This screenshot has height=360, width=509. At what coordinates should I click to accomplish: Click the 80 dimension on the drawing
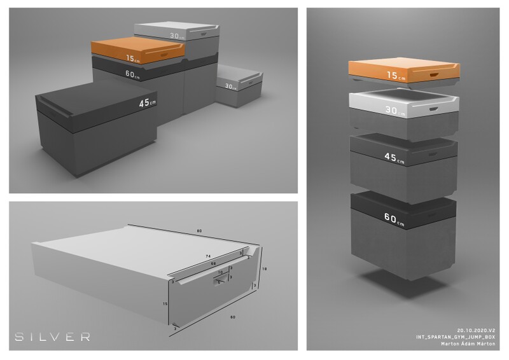click(199, 230)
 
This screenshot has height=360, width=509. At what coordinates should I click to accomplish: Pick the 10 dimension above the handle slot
click(221, 272)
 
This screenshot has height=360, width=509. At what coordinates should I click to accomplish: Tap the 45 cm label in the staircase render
click(147, 101)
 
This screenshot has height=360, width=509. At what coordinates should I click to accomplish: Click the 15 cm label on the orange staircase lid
click(132, 59)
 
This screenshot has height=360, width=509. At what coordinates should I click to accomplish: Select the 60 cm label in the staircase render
click(133, 73)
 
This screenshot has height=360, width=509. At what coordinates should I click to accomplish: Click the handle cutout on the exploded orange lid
click(441, 75)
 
